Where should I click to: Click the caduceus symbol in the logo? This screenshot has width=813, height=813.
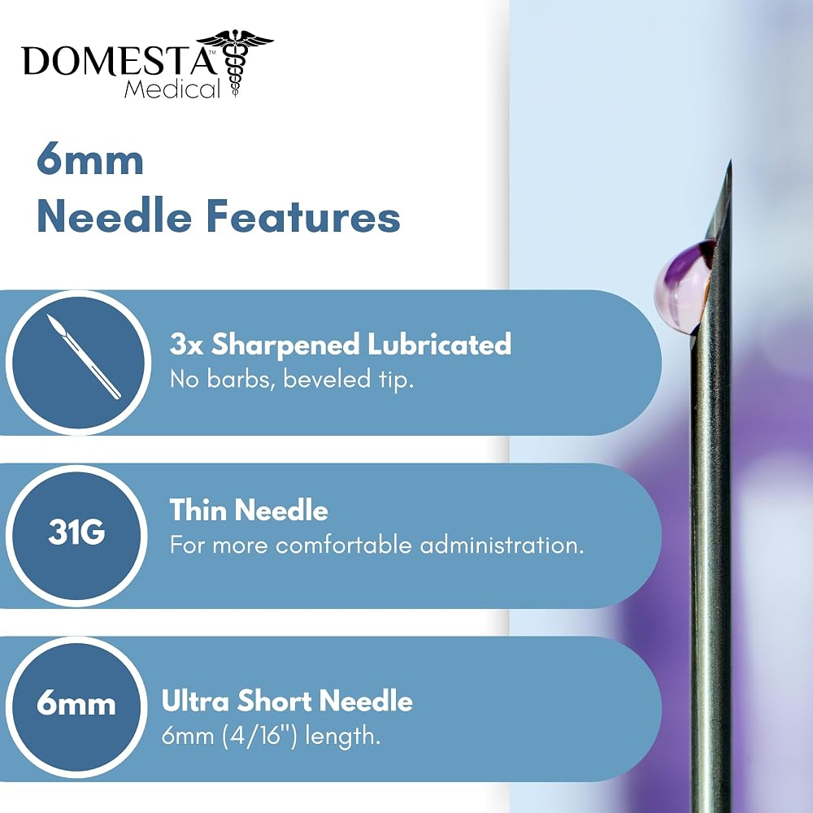click(x=236, y=63)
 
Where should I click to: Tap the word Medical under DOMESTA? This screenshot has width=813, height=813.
click(x=172, y=89)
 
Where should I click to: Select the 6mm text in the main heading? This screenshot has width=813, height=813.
click(x=90, y=161)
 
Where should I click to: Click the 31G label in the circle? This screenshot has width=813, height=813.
click(x=76, y=533)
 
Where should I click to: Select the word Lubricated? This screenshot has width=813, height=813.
click(x=439, y=344)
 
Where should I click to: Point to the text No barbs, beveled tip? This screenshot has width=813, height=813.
click(x=292, y=380)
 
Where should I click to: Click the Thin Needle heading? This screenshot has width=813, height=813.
click(x=249, y=511)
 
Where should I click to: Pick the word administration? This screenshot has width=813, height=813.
click(x=502, y=545)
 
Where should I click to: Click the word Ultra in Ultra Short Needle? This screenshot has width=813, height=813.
click(x=195, y=701)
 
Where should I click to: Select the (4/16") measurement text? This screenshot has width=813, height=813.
click(x=260, y=736)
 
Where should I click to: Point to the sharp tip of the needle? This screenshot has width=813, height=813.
click(x=731, y=160)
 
